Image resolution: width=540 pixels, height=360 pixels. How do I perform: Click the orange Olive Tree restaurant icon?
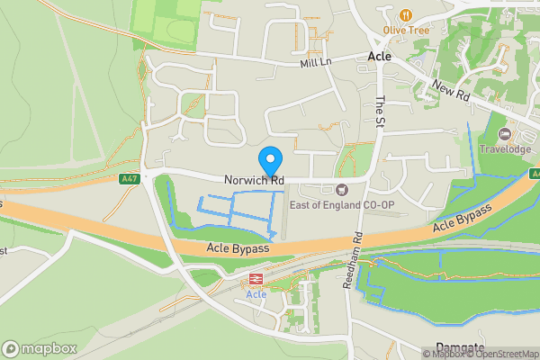pyautogui.click(x=406, y=14)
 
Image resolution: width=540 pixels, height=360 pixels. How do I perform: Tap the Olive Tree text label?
pyautogui.click(x=406, y=30)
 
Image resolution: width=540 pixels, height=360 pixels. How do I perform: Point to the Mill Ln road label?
pyautogui.click(x=316, y=63)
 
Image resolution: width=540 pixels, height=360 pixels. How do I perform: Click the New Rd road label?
pyautogui.click(x=452, y=88)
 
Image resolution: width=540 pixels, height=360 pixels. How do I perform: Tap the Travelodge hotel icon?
pyautogui.click(x=505, y=134)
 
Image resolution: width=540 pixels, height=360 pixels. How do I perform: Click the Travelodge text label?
pyautogui.click(x=505, y=149)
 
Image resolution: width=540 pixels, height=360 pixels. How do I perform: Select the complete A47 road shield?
pyautogui.click(x=130, y=179)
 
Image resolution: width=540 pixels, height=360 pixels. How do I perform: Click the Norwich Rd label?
pyautogui.click(x=255, y=181)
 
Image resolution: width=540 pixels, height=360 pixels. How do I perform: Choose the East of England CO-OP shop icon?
pyautogui.click(x=341, y=190)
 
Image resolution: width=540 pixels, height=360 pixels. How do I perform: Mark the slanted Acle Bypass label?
pyautogui.click(x=463, y=220)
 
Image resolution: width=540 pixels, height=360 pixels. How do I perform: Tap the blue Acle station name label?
pyautogui.click(x=256, y=294)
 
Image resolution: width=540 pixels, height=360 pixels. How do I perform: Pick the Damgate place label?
pyautogui.click(x=460, y=348)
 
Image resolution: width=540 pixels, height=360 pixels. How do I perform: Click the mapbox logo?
pyautogui.click(x=39, y=348)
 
